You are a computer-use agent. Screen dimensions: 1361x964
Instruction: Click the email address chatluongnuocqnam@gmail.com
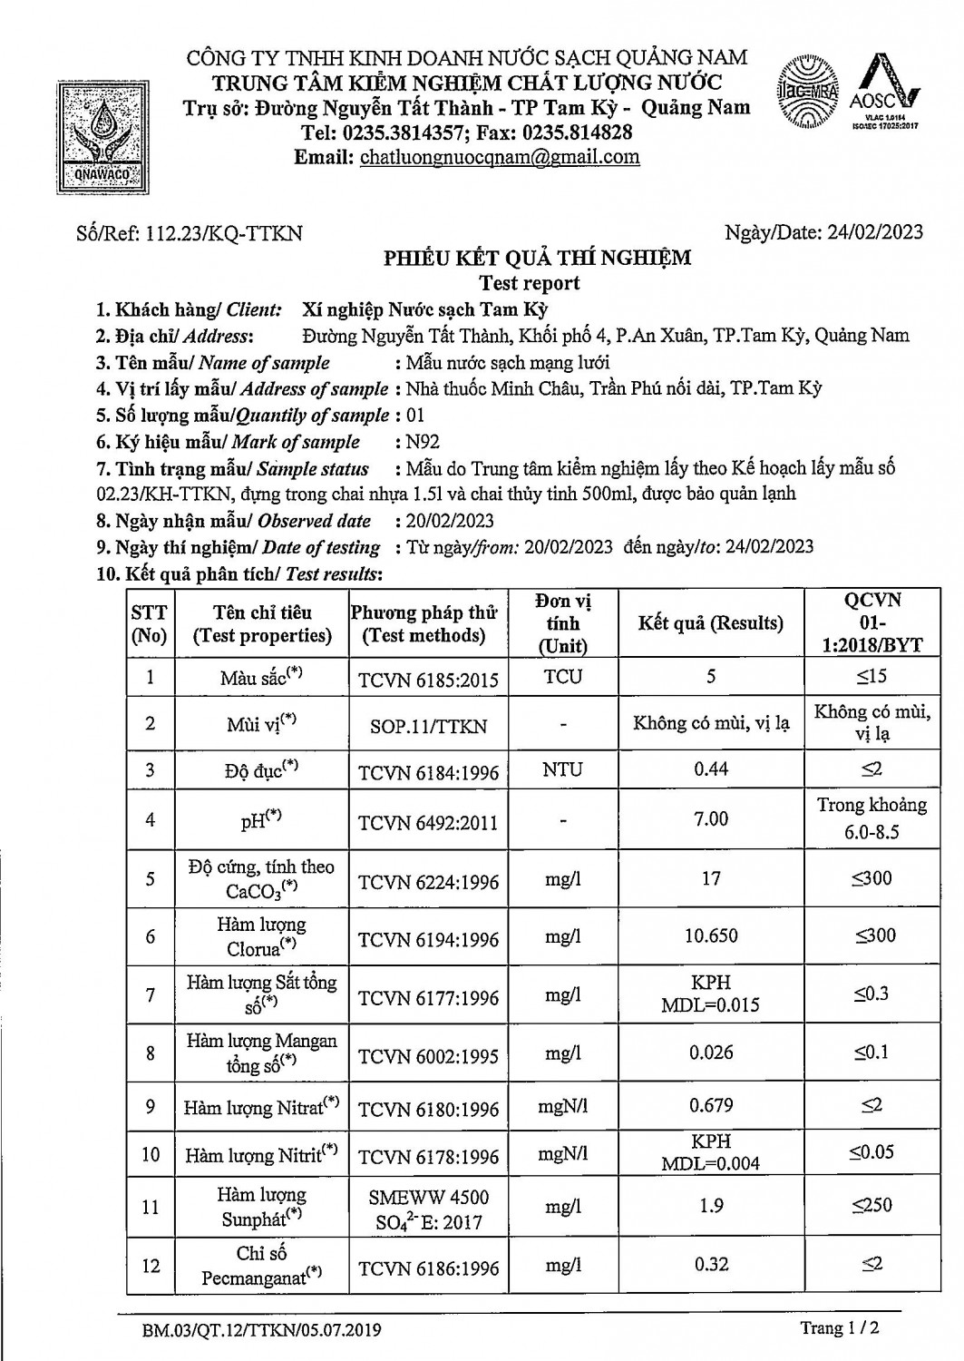[500, 157]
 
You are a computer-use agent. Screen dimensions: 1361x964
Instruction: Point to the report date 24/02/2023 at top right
[874, 232]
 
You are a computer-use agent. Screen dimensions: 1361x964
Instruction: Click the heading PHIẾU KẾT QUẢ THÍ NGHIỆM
[537, 258]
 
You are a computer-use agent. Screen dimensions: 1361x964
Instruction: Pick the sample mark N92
[417, 442]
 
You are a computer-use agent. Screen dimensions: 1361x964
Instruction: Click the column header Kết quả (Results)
[710, 623]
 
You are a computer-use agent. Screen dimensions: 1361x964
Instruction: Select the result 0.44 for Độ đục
[711, 769]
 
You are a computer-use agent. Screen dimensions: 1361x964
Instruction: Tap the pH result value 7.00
[711, 819]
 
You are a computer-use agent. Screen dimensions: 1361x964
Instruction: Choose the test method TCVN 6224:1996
[429, 882]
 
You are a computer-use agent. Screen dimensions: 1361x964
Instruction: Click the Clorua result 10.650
[711, 935]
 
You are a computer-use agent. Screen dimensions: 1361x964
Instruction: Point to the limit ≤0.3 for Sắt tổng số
[871, 994]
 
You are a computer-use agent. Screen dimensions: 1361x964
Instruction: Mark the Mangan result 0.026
[711, 1053]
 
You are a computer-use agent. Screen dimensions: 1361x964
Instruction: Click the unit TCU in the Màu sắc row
[563, 677]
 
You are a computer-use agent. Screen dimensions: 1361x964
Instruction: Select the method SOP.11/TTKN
[429, 726]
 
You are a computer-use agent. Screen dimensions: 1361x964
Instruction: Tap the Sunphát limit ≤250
[871, 1205]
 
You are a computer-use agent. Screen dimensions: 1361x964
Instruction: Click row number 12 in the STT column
[151, 1266]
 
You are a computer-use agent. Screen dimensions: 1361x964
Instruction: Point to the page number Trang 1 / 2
[840, 1328]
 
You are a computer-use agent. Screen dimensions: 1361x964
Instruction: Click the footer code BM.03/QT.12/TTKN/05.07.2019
[261, 1331]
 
